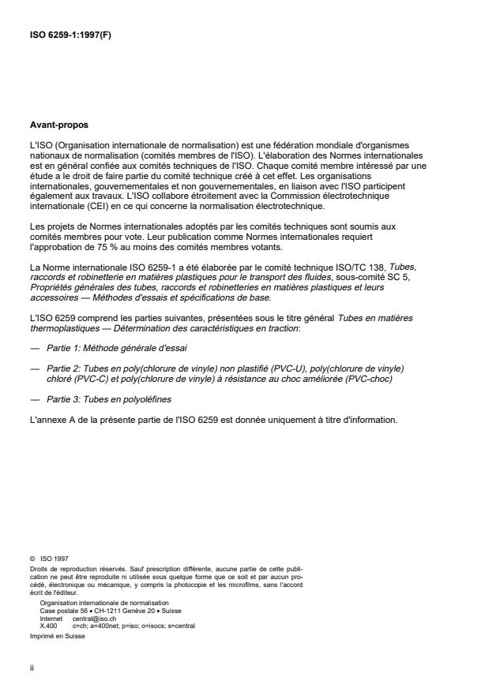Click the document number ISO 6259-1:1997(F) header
click(69, 34)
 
